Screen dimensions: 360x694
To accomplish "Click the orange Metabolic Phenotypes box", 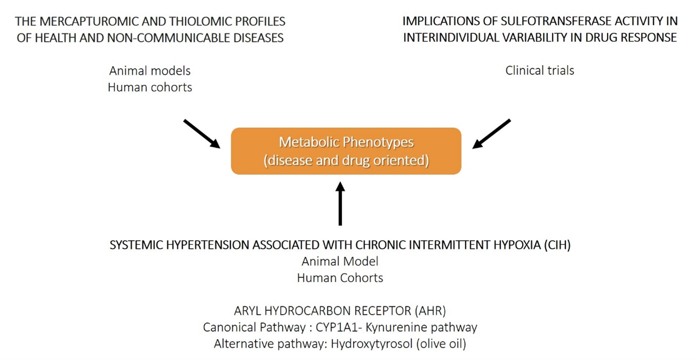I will coord(346,151).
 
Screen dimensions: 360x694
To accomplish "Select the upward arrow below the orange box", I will coord(340,204).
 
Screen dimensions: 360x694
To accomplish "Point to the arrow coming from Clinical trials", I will coord(491,133).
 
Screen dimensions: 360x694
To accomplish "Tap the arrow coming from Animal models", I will coord(201,133).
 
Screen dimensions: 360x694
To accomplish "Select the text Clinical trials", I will coord(540,70).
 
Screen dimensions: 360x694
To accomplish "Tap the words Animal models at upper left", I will coord(150,71).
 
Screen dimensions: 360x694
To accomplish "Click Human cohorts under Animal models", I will coord(150,87).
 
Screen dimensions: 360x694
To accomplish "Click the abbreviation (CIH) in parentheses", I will coord(557,245).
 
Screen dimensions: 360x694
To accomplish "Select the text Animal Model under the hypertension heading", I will coord(340,261).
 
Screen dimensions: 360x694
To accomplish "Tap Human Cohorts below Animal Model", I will coord(340,277).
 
